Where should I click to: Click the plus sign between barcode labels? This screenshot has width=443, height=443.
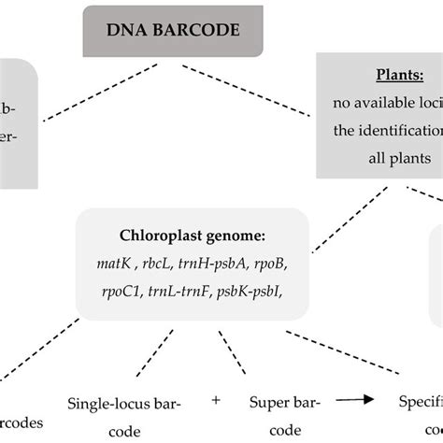coord(216,400)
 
